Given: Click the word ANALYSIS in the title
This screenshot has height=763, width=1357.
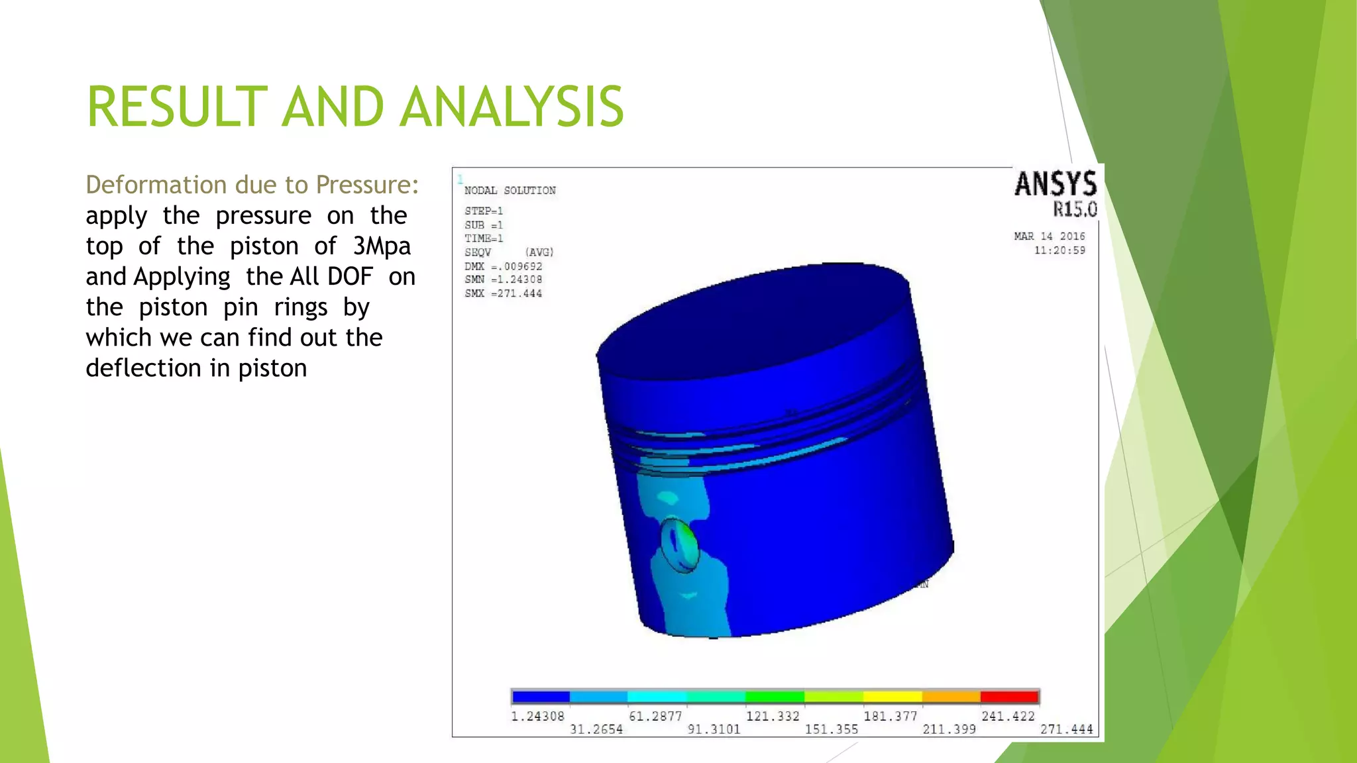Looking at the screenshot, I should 512,107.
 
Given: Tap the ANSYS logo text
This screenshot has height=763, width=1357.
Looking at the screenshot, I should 1055,184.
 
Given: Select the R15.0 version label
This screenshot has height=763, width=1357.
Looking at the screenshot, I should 1075,210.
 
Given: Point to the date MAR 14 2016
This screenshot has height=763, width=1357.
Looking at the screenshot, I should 1049,236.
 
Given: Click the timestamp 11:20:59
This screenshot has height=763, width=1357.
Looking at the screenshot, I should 1059,250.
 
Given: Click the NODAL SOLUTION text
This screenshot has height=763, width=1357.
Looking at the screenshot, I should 510,191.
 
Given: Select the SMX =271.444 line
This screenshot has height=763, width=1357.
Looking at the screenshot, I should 503,293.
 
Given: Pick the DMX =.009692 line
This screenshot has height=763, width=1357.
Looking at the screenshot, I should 503,266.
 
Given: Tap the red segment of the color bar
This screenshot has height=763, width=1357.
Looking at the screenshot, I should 1008,697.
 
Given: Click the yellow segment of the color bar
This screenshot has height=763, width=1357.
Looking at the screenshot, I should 892,697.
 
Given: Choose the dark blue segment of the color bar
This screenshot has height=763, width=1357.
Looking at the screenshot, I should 541,697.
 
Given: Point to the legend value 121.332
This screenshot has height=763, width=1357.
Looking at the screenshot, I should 773,716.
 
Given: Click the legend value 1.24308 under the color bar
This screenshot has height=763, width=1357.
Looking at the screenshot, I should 537,716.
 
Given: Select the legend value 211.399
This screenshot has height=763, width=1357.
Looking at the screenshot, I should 949,729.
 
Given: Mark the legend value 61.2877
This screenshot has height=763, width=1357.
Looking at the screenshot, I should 655,716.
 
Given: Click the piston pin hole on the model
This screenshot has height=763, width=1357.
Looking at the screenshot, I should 679,545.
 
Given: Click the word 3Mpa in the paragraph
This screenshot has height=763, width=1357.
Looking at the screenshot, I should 382,246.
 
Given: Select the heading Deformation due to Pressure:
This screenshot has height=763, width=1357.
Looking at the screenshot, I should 252,185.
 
